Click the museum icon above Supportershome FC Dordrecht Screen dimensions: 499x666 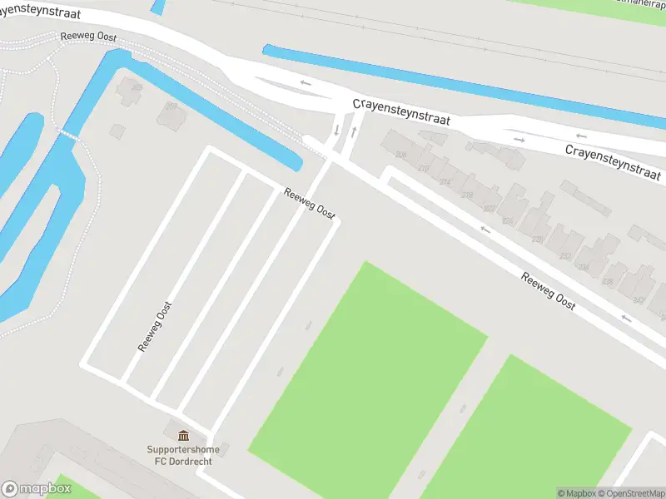point(183,435)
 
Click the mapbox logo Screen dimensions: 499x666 point(36,489)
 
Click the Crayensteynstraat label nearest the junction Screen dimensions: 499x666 point(401,111)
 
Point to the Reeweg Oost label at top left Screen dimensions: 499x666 point(87,38)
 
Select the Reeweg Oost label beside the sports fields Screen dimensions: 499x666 point(549,291)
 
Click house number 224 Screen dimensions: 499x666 point(508,221)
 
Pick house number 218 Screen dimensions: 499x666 point(466,195)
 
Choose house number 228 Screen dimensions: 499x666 point(537,240)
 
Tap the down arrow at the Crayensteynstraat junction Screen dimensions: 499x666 point(336,130)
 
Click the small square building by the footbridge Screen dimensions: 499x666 point(117,131)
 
